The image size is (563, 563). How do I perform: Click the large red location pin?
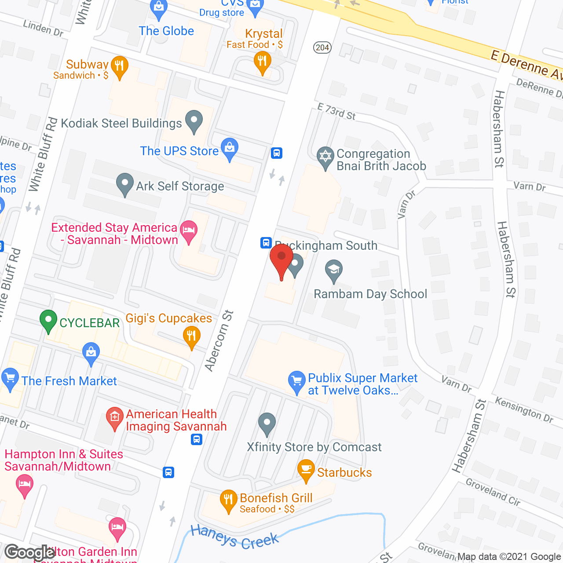(x=281, y=259)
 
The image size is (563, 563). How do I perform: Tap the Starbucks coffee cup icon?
(x=306, y=470)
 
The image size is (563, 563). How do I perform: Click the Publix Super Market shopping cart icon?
(x=297, y=381)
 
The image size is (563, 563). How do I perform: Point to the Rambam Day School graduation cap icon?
(x=334, y=270)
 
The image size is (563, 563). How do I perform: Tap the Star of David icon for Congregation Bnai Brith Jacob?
(x=325, y=157)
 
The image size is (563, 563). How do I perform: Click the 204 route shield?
(x=322, y=48)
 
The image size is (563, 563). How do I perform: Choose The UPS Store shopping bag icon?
(x=229, y=148)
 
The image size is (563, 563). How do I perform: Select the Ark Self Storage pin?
(x=125, y=184)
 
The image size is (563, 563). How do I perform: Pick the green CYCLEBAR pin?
(x=48, y=321)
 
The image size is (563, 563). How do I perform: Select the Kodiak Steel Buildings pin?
(x=194, y=121)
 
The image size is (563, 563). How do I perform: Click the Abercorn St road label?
(x=219, y=341)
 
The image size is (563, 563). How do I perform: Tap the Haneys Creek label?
(x=234, y=536)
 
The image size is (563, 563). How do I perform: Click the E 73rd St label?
(x=336, y=111)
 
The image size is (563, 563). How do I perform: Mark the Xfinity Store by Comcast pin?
(x=267, y=424)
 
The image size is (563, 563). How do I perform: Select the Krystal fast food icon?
(x=262, y=61)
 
